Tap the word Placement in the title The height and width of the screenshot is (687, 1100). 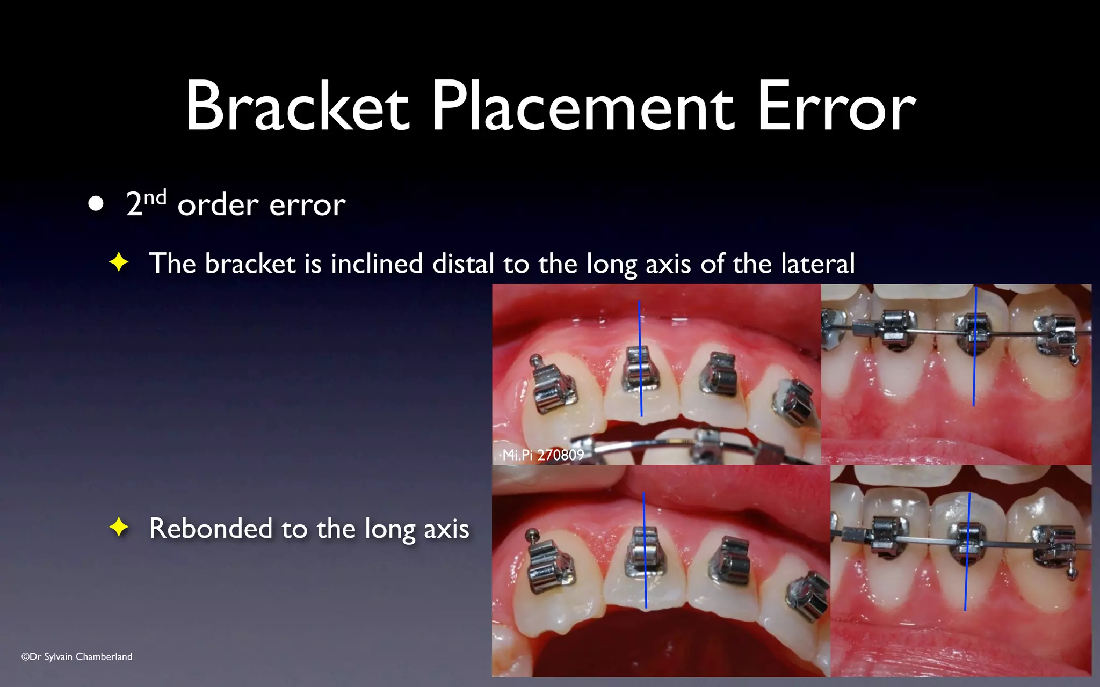583,106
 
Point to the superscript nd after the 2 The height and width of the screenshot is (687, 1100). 155,198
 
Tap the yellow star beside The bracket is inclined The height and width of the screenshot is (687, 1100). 119,263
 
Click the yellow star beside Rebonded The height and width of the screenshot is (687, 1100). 119,528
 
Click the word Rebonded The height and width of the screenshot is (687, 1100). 211,528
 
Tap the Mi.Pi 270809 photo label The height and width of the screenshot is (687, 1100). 543,455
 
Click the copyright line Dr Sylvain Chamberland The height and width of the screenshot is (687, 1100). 77,656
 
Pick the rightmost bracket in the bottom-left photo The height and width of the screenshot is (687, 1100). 808,595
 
